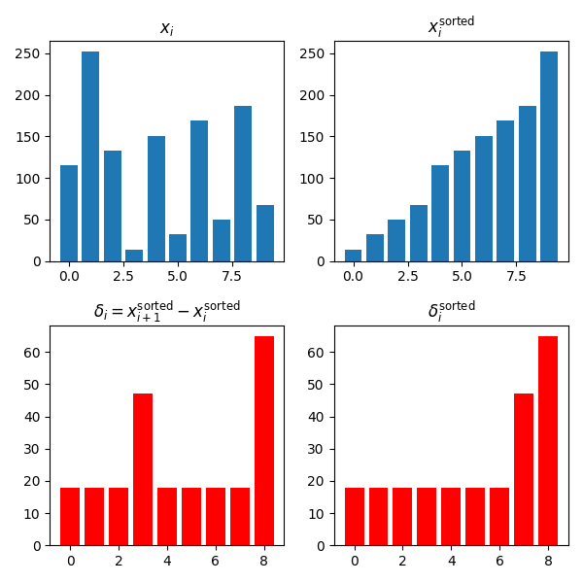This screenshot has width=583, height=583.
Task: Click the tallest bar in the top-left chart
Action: [x=90, y=156]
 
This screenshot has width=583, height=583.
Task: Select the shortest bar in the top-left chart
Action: [x=134, y=256]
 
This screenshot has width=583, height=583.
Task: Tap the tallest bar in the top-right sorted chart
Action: [x=549, y=156]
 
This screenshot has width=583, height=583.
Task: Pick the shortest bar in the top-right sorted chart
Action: [x=353, y=256]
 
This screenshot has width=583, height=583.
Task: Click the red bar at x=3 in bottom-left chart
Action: [x=143, y=469]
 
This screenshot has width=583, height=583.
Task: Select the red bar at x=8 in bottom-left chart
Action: [x=264, y=440]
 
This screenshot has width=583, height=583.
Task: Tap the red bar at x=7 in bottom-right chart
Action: [x=524, y=469]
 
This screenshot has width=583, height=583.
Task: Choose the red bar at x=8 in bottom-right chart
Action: [x=548, y=440]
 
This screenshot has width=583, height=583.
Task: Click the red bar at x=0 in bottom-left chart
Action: [x=70, y=516]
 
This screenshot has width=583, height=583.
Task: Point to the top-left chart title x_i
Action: [x=167, y=28]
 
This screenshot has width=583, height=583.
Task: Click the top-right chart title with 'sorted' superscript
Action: [x=451, y=26]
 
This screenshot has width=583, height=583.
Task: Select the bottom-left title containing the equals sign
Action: [x=167, y=310]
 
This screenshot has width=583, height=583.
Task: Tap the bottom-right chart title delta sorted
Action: [x=451, y=311]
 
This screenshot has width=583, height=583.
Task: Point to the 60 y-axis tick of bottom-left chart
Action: [x=34, y=353]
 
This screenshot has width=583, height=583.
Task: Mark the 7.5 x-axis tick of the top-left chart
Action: [x=232, y=276]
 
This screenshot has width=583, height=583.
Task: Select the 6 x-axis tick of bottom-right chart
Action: [x=499, y=561]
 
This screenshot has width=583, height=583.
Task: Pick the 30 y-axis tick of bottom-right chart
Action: [x=319, y=449]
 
